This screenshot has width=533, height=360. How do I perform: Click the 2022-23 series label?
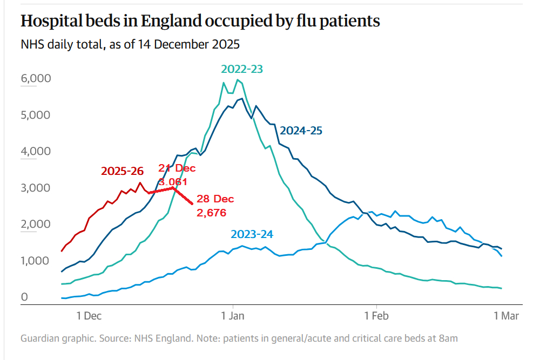242,69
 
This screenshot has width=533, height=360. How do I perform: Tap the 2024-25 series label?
301,130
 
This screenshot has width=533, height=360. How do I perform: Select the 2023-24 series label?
252,234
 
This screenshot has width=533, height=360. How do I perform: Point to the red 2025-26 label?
123,172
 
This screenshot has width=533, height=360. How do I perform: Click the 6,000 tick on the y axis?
36,79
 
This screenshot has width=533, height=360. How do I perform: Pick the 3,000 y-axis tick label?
36,188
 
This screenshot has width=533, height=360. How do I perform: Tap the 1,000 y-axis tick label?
36,261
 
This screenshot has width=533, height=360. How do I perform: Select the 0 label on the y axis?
24,297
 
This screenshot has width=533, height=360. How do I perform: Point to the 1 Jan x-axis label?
233,316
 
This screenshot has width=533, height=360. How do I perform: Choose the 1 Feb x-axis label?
376,316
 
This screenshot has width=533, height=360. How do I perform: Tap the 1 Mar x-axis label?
506,316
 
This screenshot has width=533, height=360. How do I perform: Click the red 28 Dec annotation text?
215,200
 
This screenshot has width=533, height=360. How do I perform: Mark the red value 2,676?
211,213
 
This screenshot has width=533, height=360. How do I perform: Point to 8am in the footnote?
448,338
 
